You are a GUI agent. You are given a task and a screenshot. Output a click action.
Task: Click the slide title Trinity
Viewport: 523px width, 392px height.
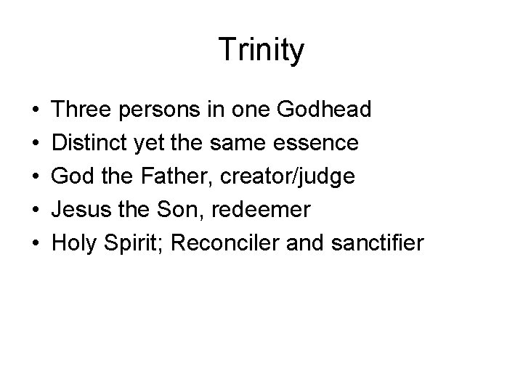[261, 50]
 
